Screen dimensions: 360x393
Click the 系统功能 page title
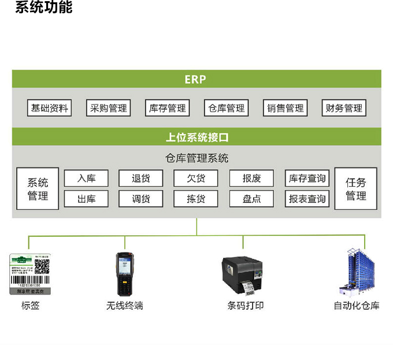tap(43, 8)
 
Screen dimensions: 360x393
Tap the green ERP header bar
tap(196, 79)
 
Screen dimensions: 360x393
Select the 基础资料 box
tap(50, 108)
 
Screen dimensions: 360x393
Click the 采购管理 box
tap(108, 108)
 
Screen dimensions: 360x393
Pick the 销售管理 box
tap(286, 108)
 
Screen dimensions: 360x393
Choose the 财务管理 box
tap(344, 108)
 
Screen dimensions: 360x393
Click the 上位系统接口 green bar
tap(196, 138)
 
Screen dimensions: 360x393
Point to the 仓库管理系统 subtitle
tap(196, 158)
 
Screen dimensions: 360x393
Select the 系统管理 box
tap(38, 189)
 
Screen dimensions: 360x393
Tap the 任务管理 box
tap(356, 189)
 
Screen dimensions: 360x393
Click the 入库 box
tap(86, 179)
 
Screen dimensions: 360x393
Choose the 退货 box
tap(140, 179)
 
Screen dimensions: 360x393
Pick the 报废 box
tap(251, 179)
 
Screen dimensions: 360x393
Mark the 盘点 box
tap(251, 199)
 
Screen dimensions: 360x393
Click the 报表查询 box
tap(307, 199)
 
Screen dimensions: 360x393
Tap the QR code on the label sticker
tap(42, 266)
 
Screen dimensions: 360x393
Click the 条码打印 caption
tap(245, 306)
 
